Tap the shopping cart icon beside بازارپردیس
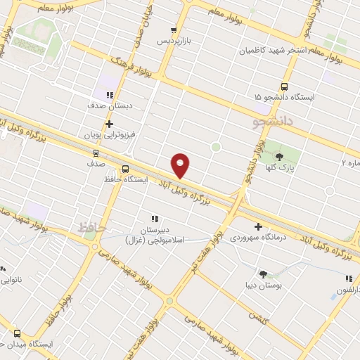(x=172, y=30)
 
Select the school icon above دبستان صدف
(x=109, y=96)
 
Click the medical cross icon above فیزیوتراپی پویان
(x=110, y=124)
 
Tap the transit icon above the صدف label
(x=96, y=152)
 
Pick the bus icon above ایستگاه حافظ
(x=125, y=169)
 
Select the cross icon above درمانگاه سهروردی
(x=259, y=227)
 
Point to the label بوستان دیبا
(x=263, y=286)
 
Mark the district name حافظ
(x=82, y=227)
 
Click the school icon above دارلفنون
(x=349, y=279)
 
